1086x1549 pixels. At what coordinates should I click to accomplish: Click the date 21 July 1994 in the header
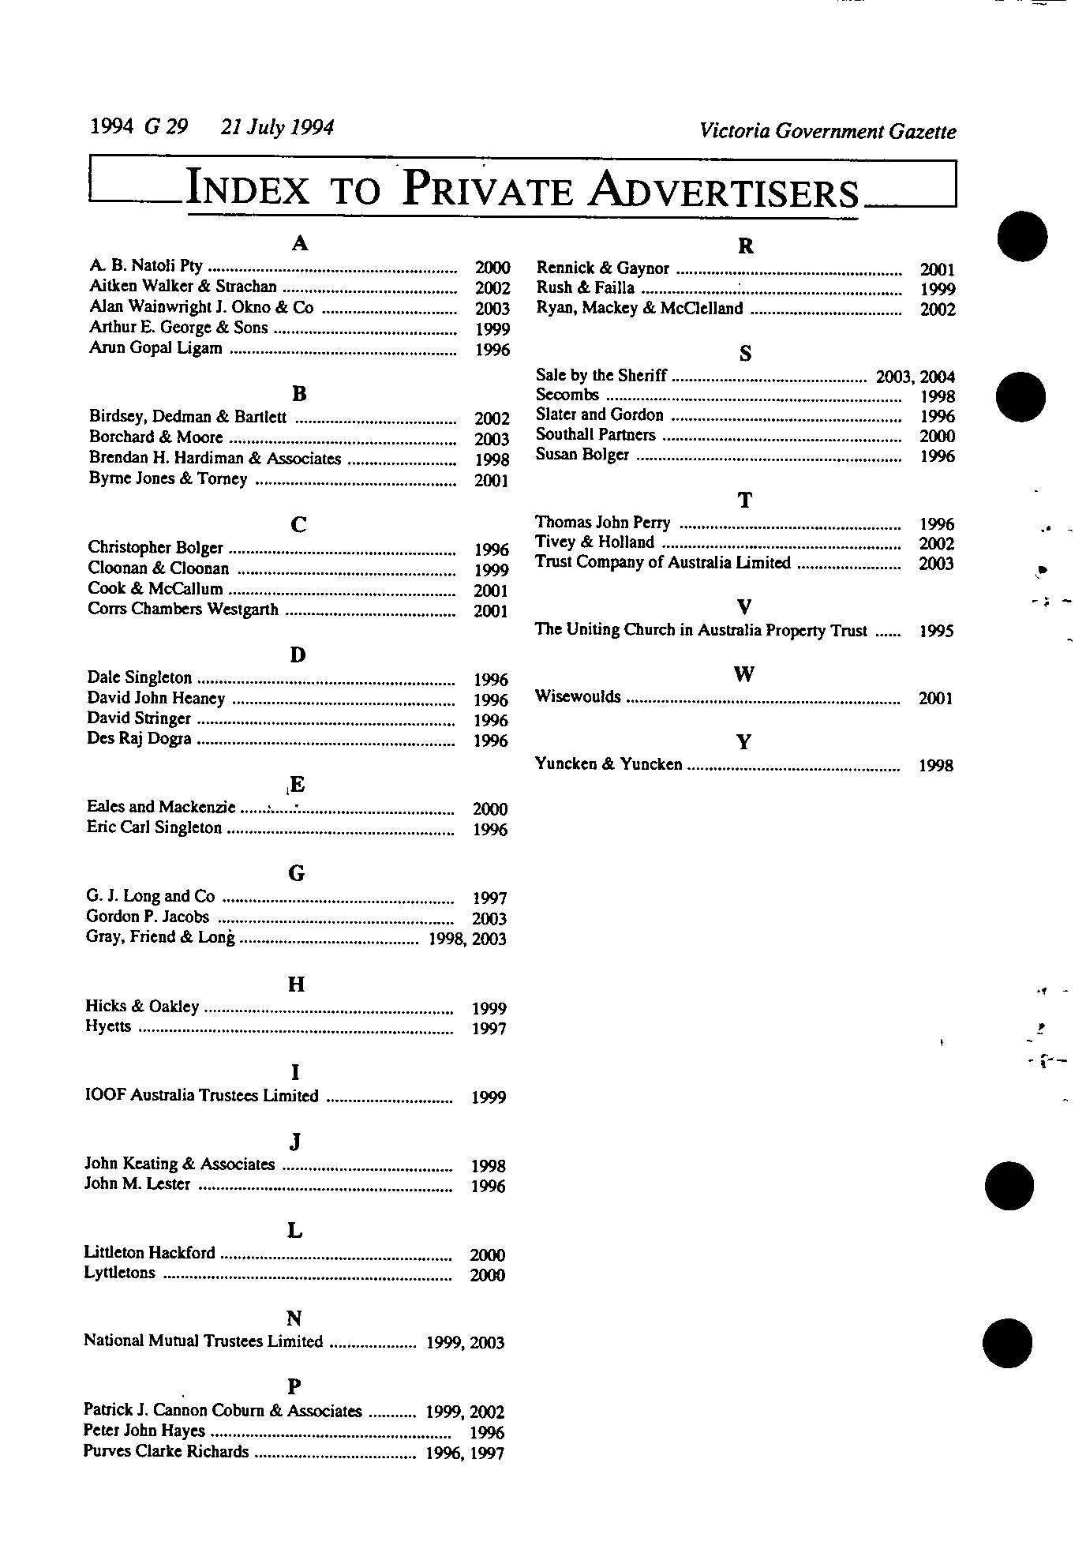(x=277, y=127)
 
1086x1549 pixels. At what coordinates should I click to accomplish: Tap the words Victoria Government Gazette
(x=827, y=132)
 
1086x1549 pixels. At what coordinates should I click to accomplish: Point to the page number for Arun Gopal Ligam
(x=492, y=350)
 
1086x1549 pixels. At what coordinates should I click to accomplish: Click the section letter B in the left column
(x=299, y=393)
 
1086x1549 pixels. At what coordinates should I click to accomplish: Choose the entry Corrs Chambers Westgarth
(x=183, y=609)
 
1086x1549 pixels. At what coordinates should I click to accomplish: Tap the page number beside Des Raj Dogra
(x=490, y=741)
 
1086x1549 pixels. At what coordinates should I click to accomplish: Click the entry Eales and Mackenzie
(x=161, y=807)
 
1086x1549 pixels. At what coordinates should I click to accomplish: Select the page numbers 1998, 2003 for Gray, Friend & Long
(x=466, y=939)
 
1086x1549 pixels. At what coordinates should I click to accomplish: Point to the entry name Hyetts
(x=108, y=1026)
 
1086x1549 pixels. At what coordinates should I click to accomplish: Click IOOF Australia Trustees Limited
(x=202, y=1096)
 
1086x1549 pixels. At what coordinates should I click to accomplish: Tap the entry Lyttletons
(x=120, y=1273)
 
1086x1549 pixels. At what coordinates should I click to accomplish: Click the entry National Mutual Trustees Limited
(x=204, y=1341)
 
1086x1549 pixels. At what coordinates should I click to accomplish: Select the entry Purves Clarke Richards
(x=166, y=1452)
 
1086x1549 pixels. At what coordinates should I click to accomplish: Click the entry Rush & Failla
(x=586, y=288)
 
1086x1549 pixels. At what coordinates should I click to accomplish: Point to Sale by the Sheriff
(x=601, y=376)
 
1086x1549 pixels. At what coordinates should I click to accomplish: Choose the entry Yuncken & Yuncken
(x=609, y=764)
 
